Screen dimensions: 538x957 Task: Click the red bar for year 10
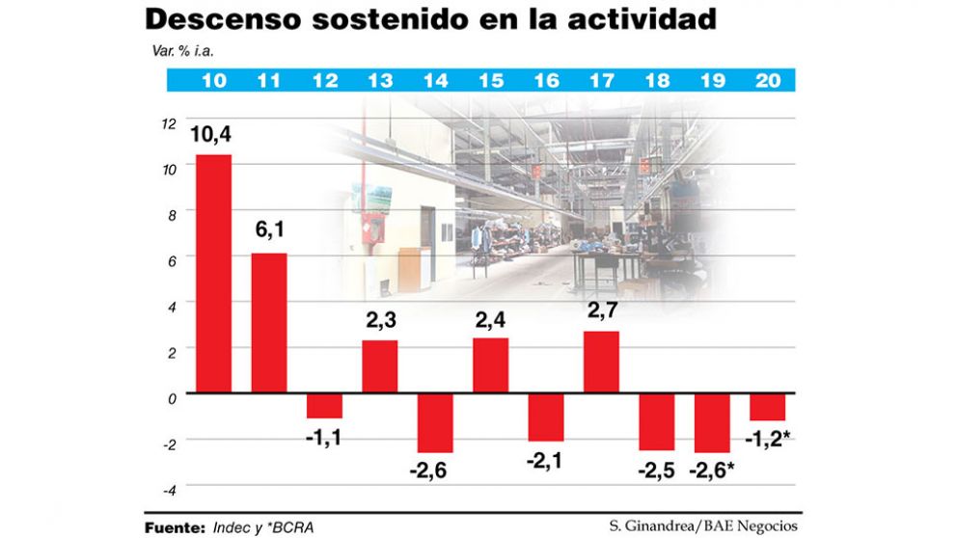(213, 274)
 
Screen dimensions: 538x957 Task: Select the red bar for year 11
(269, 323)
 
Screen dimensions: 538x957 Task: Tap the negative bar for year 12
(324, 405)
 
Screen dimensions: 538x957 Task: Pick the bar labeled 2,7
(601, 362)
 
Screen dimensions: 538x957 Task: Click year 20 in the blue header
(768, 81)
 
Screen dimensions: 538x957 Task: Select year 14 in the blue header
(435, 81)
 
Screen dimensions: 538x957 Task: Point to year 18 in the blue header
(657, 81)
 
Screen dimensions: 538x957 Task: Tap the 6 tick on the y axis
(171, 260)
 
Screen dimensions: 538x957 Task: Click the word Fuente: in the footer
(175, 527)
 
